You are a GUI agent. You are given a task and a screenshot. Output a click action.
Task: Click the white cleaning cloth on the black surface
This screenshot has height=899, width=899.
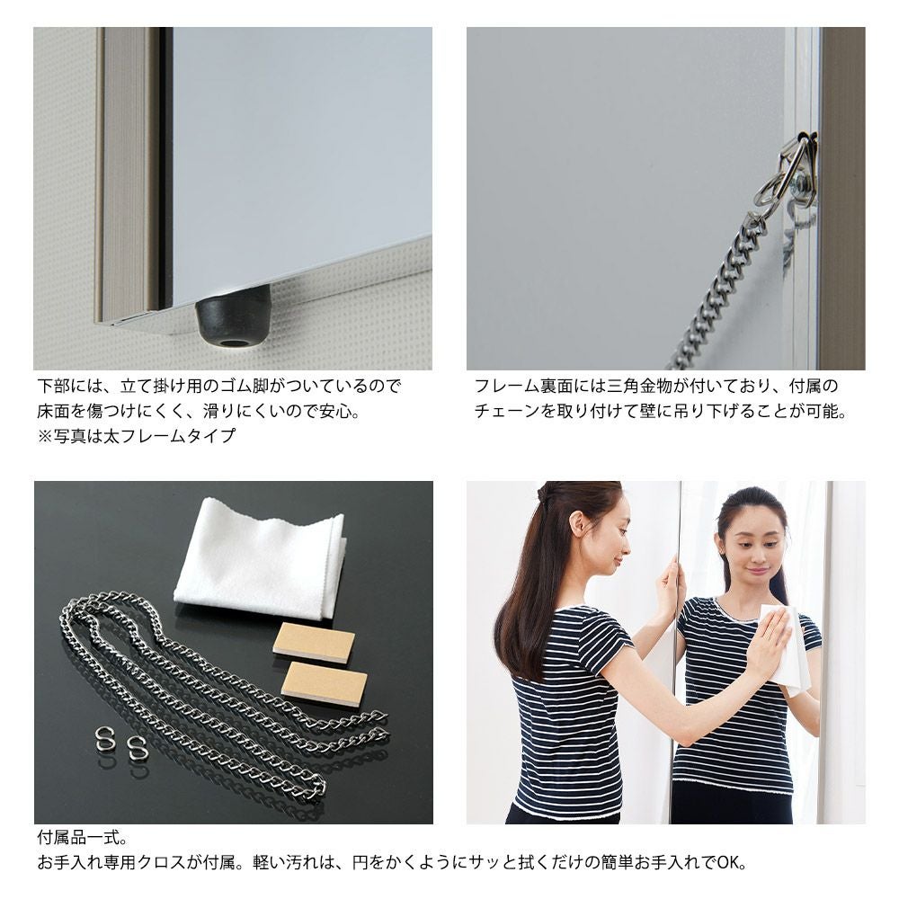click(x=260, y=559)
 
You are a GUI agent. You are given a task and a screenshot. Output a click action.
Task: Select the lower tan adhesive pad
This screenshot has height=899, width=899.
click(x=324, y=680)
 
